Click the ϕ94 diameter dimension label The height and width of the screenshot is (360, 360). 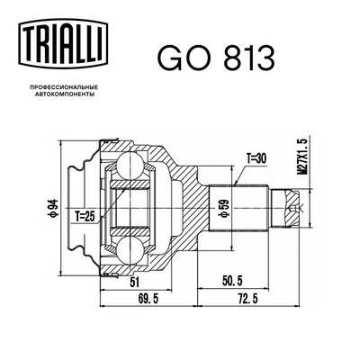point(55,211)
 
